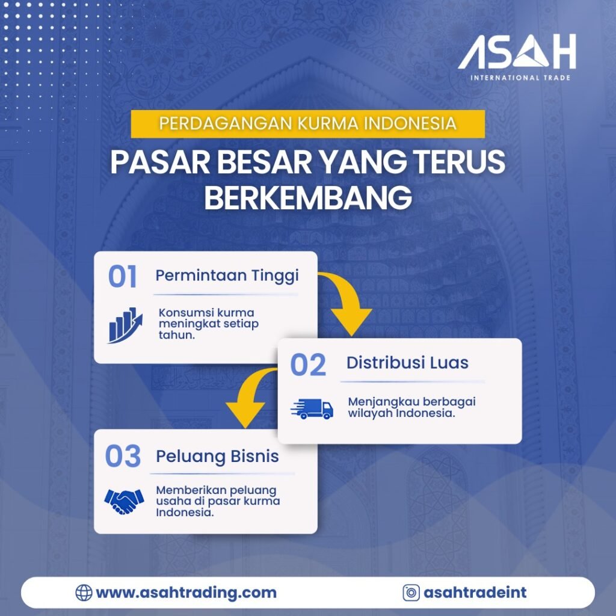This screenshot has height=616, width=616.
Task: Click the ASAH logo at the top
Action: point(516,52)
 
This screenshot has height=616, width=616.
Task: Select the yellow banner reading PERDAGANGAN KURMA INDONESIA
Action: point(307,124)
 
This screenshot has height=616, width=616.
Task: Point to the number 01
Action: point(123,277)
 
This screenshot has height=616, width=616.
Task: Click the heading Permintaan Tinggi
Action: point(227,276)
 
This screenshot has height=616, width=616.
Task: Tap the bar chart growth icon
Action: point(125,325)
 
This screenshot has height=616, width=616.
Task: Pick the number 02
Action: point(308,365)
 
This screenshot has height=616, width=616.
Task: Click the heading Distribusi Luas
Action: point(407,363)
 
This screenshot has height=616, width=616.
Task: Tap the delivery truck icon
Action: point(312,409)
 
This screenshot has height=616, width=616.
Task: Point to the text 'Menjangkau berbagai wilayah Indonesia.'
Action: point(411,407)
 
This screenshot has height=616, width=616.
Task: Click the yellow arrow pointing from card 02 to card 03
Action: point(250,398)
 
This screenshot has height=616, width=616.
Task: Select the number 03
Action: point(123,456)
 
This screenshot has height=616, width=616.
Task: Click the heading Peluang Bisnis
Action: point(217,456)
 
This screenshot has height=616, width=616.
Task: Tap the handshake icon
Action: point(124,500)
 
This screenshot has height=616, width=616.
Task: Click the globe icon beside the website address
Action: point(84,593)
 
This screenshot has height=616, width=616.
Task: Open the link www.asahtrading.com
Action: point(186,593)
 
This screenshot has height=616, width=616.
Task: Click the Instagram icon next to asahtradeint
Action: point(411,593)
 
